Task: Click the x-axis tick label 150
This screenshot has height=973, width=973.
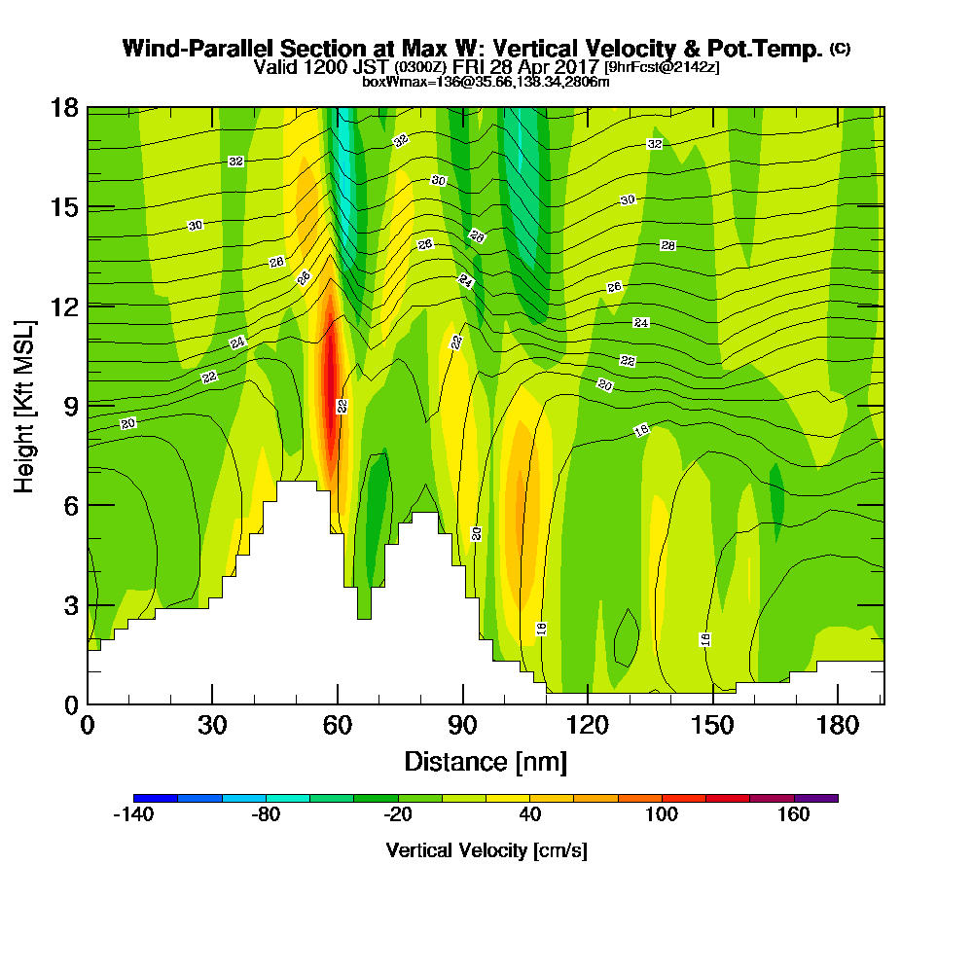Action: coord(713,726)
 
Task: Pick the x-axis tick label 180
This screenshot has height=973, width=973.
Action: coord(838,726)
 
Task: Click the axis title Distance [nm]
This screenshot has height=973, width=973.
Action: coord(486,761)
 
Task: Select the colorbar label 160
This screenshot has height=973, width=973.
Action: coord(794,815)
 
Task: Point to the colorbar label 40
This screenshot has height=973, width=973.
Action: coord(530,815)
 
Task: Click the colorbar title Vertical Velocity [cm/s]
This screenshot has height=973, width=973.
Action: coord(486,850)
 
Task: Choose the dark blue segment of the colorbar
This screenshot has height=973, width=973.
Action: coord(156,798)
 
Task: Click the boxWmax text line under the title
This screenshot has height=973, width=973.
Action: coord(486,82)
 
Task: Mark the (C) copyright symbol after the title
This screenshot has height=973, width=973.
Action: coord(840,48)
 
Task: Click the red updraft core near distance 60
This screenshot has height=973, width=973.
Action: coord(332,389)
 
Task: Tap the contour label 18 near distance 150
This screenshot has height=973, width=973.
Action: coord(705,639)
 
